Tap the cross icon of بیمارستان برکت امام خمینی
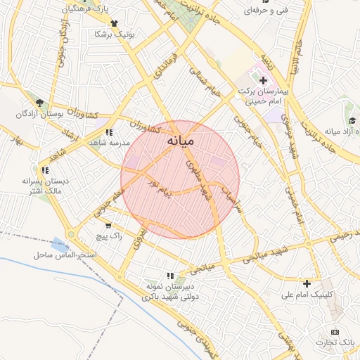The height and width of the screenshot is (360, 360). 264,81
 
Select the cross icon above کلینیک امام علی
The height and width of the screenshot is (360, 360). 307,284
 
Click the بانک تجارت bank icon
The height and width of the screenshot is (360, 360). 335,332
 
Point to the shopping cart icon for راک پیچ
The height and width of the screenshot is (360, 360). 108,226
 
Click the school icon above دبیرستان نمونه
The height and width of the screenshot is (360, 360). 169,276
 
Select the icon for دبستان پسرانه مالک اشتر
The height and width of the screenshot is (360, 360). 45,170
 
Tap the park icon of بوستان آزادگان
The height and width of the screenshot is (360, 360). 40,103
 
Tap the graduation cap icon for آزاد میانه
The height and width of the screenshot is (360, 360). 352,121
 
